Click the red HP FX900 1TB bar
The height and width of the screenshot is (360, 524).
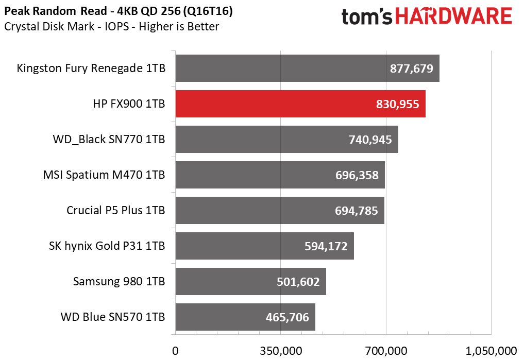point(300,104)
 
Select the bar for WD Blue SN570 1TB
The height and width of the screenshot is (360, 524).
point(245,317)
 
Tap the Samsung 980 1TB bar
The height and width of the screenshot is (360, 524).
point(250,282)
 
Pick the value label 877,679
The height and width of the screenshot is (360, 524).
point(411,68)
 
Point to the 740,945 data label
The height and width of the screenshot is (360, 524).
point(370,140)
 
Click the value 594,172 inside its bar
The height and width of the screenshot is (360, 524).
point(326,246)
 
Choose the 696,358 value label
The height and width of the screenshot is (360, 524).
point(357,175)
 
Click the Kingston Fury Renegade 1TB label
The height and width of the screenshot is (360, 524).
point(91,68)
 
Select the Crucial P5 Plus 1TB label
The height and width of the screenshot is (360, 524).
point(115,211)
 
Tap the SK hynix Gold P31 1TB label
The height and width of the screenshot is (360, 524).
point(107,246)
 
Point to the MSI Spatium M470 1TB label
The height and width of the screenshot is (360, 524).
point(104,175)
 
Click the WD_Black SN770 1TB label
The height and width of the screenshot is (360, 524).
point(109,139)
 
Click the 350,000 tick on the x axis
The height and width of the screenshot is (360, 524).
point(281,351)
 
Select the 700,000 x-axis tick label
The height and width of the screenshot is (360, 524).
point(386,351)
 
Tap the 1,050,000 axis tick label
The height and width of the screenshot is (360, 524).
point(491,351)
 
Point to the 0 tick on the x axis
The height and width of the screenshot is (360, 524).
point(175,351)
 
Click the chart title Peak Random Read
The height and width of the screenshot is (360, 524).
point(56,11)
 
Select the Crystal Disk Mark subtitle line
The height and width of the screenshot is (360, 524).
point(112,26)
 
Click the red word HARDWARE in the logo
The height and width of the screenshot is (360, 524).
point(453,16)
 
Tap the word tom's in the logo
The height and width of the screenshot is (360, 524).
point(367,16)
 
